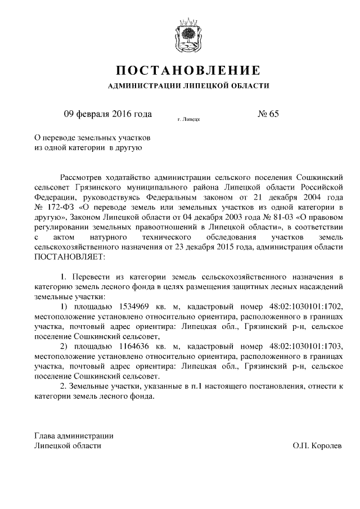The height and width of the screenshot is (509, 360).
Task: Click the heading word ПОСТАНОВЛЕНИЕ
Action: click(188, 70)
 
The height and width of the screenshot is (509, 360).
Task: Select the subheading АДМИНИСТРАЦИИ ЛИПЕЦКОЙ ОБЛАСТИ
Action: click(188, 86)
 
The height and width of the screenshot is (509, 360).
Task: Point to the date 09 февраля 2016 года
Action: click(108, 114)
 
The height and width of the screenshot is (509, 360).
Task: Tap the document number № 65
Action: click(268, 114)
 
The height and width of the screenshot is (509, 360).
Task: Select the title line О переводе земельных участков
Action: click(93, 137)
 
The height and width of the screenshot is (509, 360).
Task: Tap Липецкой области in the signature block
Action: click(68, 445)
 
